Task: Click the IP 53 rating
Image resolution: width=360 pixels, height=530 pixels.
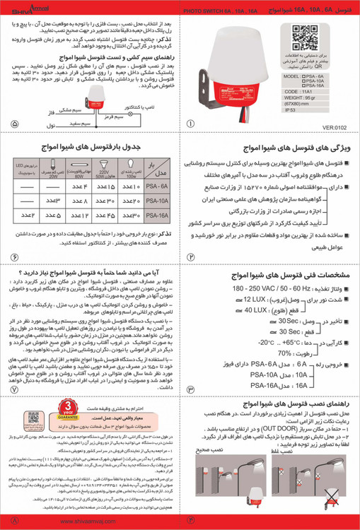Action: [x=291, y=110]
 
